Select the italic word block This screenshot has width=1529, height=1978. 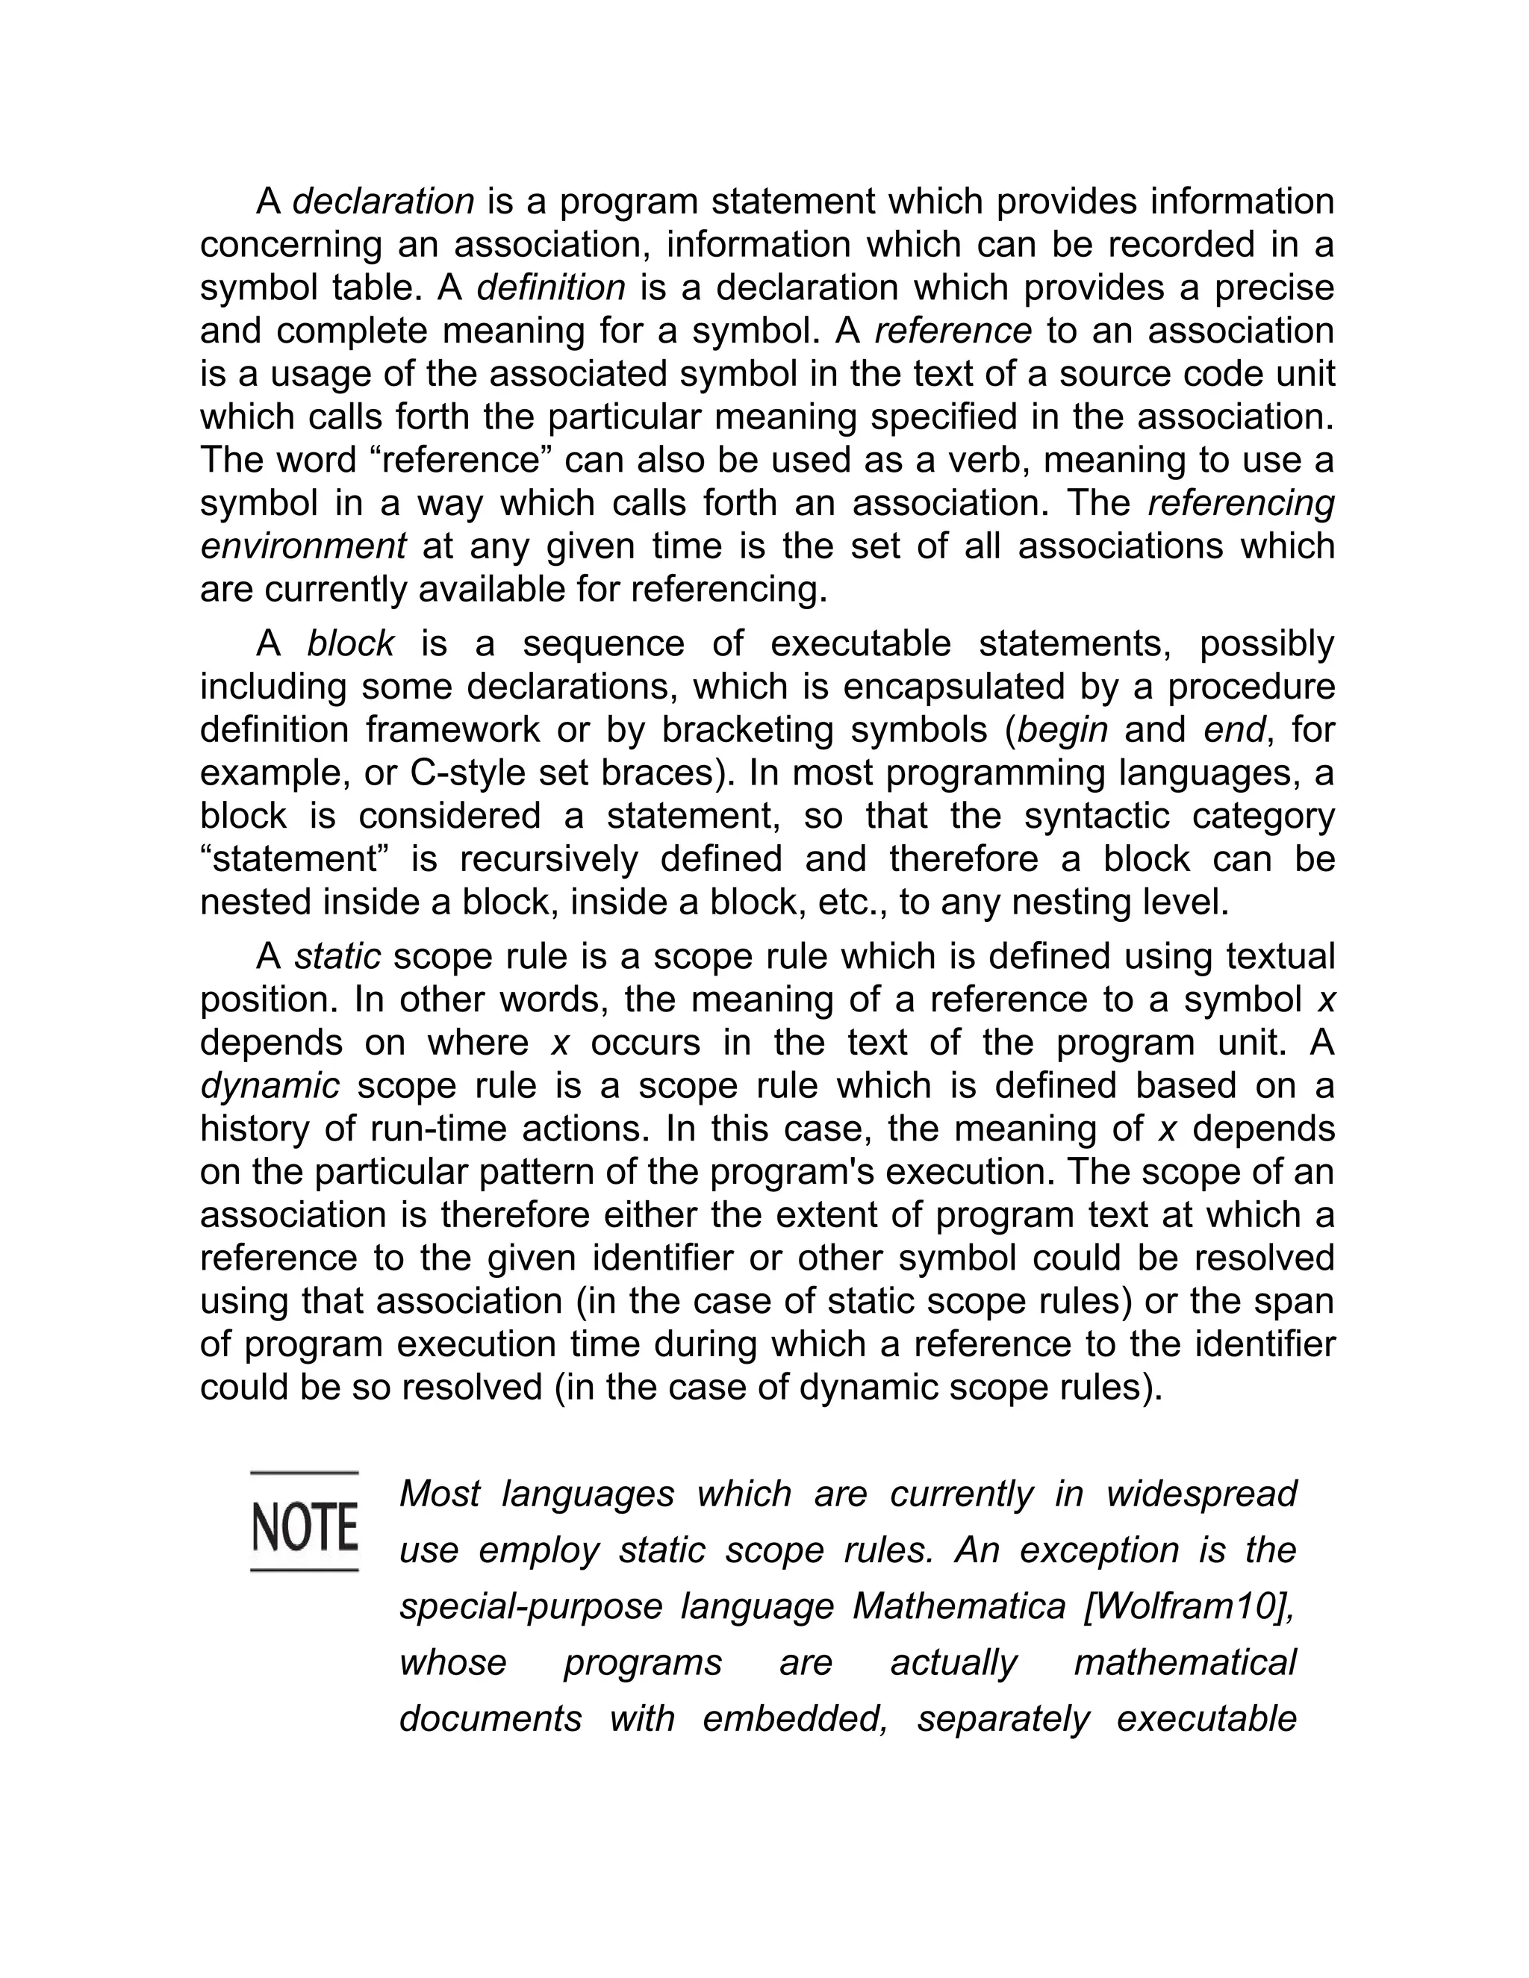click(x=351, y=644)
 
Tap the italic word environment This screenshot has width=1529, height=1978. click(x=303, y=547)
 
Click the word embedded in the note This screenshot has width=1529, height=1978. click(x=795, y=1719)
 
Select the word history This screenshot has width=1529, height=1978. click(x=248, y=1129)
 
